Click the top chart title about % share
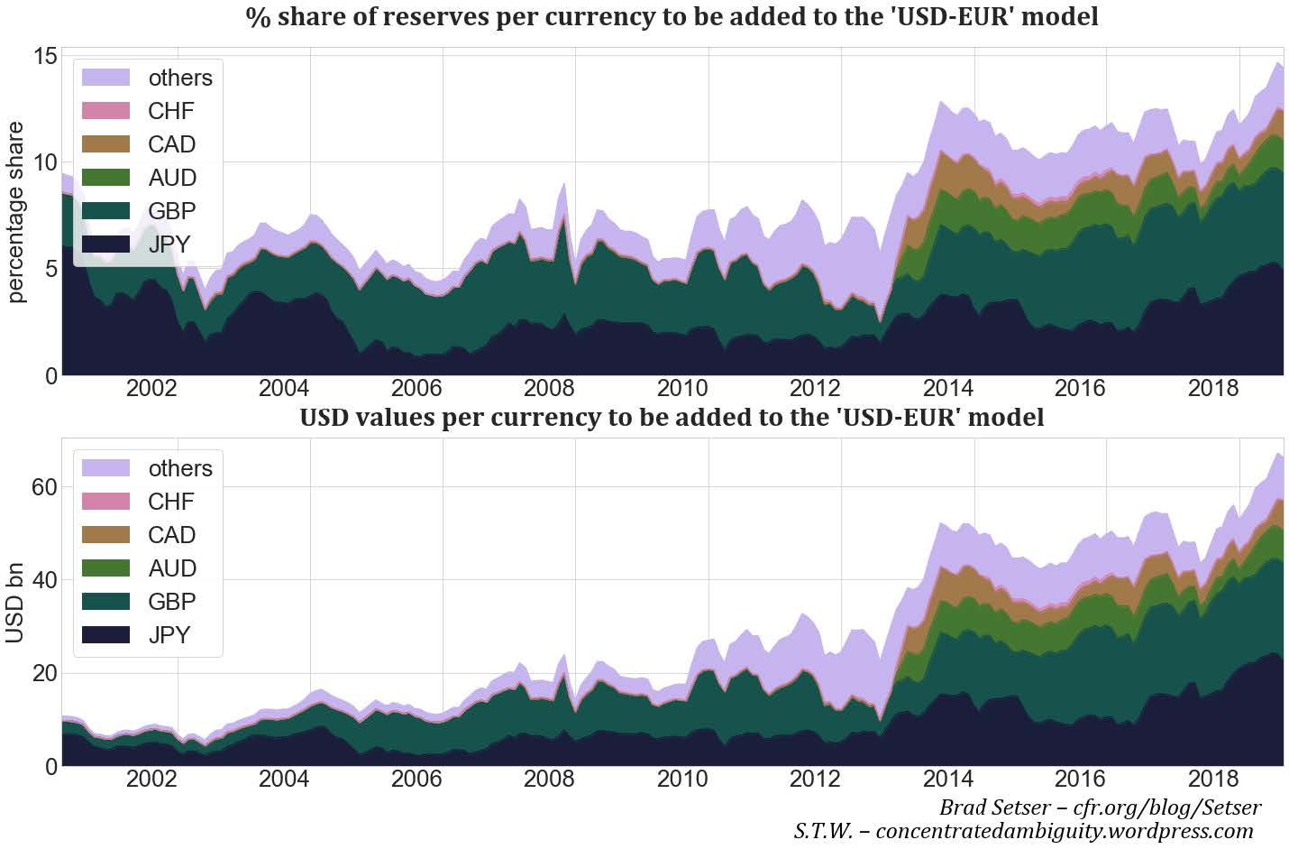[x=672, y=17]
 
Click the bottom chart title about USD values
[x=672, y=418]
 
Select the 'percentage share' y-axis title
[x=15, y=212]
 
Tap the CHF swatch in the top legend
[x=106, y=111]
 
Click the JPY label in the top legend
[x=169, y=245]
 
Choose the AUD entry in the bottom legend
[x=172, y=568]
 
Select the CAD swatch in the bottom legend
[x=106, y=535]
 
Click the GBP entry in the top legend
[x=172, y=211]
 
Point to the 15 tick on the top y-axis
[x=45, y=57]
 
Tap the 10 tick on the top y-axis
[x=45, y=162]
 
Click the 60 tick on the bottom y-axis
[x=45, y=487]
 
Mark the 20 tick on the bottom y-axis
[x=45, y=673]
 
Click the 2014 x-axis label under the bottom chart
[x=947, y=779]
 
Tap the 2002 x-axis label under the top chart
[x=151, y=389]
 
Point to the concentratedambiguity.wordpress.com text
[x=1064, y=831]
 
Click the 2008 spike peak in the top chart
[x=564, y=183]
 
